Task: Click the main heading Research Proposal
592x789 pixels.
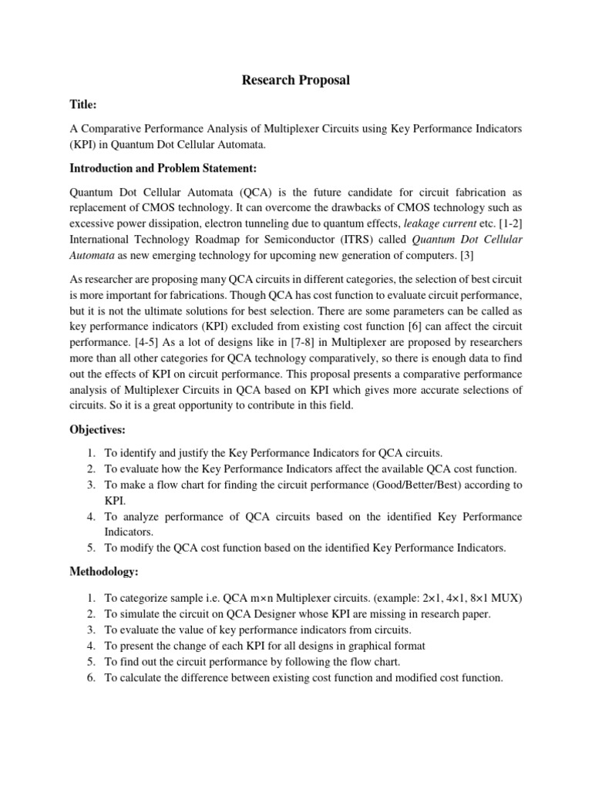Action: pos(296,81)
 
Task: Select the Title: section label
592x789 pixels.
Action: pos(84,105)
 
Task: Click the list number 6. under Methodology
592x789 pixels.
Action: pos(91,678)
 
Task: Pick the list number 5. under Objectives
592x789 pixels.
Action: pos(91,548)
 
